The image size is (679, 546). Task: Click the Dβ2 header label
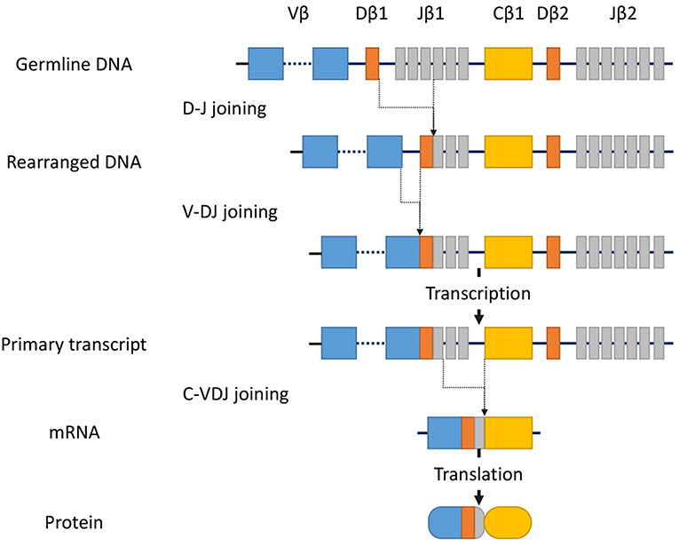pos(555,18)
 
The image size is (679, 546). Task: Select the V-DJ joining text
pos(229,212)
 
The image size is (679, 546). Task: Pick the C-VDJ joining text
pos(233,391)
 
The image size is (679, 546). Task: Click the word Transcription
pos(478,293)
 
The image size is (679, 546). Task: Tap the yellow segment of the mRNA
pos(508,433)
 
